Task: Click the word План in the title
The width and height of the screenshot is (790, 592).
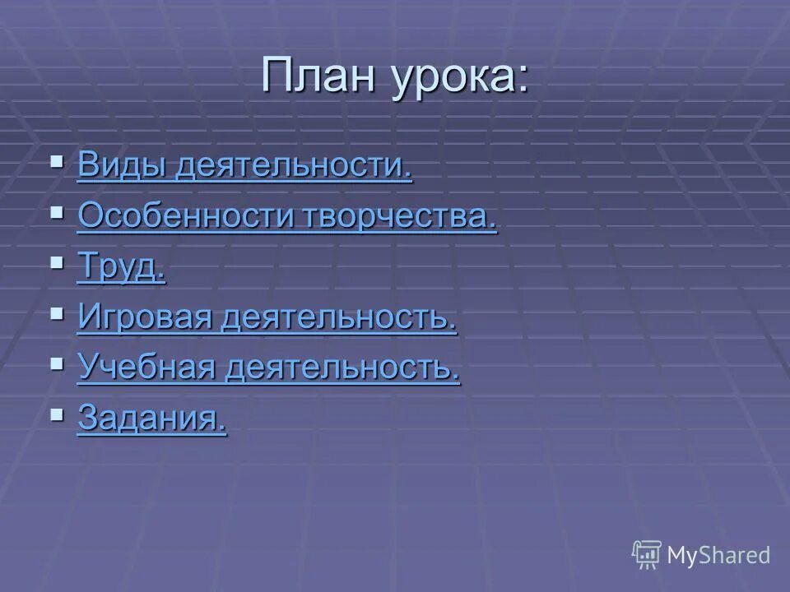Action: [x=320, y=77]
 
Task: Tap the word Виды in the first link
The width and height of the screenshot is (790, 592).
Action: [x=123, y=165]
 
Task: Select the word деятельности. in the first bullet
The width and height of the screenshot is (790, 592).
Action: [x=294, y=165]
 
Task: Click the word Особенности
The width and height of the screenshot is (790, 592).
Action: [x=185, y=216]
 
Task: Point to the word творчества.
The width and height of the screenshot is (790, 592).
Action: [x=401, y=216]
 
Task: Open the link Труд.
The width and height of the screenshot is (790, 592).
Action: [x=121, y=268]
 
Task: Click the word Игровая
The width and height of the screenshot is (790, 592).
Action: [x=144, y=318]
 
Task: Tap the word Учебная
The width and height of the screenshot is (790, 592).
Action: [x=146, y=368]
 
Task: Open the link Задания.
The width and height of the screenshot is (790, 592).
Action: [x=151, y=419]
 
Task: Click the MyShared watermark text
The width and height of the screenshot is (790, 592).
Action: [x=718, y=555]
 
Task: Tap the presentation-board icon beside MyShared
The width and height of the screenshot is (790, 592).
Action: [x=647, y=554]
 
